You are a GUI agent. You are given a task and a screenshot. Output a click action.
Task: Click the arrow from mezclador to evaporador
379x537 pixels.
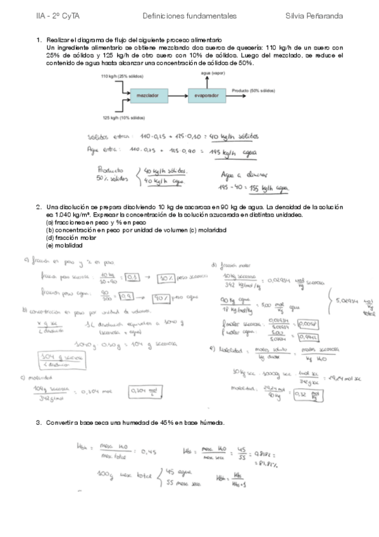177,96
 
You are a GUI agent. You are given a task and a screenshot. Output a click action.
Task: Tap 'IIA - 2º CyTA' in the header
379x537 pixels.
57,15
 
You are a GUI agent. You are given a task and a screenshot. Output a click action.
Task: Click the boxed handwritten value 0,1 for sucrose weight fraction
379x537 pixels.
134,277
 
